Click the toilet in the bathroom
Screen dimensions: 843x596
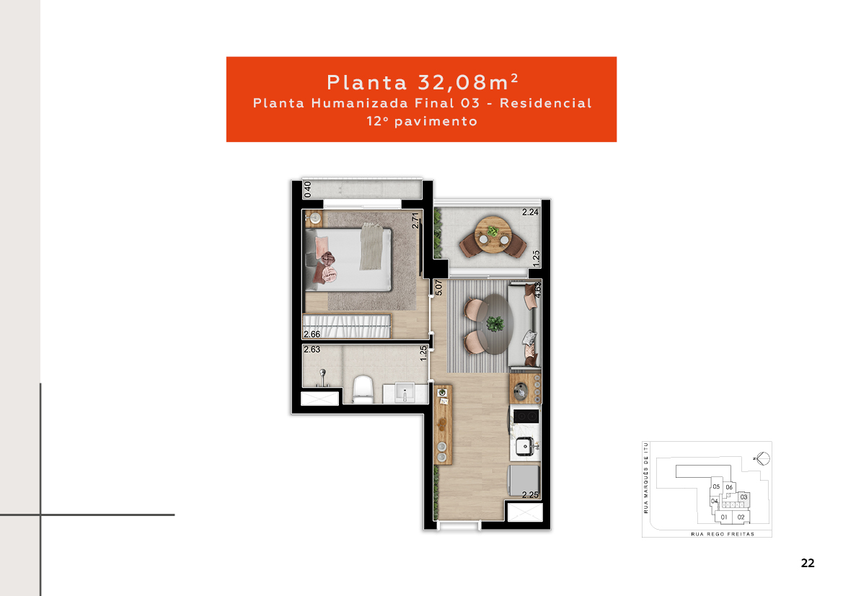(x=363, y=389)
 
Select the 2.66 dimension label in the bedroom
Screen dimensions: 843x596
(x=312, y=334)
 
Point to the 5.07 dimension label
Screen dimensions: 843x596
(x=438, y=288)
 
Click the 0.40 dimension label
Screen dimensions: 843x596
(x=307, y=189)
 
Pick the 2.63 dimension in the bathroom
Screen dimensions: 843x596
(x=312, y=350)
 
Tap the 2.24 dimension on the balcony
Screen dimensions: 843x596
(x=530, y=213)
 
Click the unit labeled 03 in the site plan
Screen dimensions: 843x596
(x=743, y=497)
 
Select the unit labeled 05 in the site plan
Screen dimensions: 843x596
(x=716, y=486)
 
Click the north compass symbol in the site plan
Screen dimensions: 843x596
(x=762, y=458)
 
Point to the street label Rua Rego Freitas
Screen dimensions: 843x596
(x=723, y=534)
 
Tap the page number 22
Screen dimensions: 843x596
(x=808, y=563)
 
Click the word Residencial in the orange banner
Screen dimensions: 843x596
(x=546, y=103)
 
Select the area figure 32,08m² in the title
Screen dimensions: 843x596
(x=468, y=82)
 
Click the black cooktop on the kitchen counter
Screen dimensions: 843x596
(x=526, y=417)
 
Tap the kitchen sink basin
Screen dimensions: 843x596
(x=525, y=446)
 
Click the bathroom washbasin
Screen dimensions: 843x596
(x=405, y=392)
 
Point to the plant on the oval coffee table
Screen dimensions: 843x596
(x=495, y=324)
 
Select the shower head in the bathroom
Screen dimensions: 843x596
(x=322, y=373)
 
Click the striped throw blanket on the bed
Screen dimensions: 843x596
(x=371, y=246)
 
